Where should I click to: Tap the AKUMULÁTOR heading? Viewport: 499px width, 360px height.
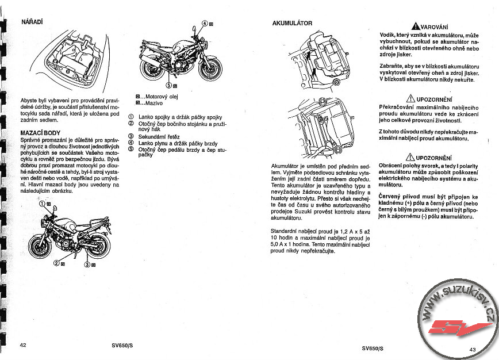(x=292, y=23)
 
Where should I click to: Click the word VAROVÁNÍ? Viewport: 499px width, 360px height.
(x=433, y=27)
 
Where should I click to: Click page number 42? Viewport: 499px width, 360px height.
(x=23, y=346)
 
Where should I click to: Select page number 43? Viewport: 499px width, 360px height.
(x=473, y=349)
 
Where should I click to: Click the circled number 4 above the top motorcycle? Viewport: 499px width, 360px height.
(x=204, y=25)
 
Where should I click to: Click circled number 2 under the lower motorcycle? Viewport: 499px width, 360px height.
(x=56, y=263)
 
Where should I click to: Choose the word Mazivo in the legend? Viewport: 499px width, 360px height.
(x=155, y=103)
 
